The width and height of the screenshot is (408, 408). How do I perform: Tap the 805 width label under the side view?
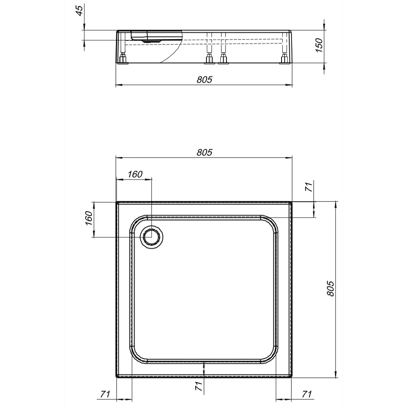pos(204,80)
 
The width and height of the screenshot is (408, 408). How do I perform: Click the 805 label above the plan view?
pos(204,152)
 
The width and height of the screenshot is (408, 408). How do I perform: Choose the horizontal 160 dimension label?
pos(135,174)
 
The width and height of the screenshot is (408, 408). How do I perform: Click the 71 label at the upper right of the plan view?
pos(309,187)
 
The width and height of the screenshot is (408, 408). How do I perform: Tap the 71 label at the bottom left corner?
pos(105,394)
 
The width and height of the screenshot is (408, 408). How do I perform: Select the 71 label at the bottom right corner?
pos(306,394)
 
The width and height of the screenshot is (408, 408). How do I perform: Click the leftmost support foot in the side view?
pos(123,60)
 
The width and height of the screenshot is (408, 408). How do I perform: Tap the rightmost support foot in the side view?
pos(284,60)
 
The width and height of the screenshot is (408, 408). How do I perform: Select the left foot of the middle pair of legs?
pos(209,60)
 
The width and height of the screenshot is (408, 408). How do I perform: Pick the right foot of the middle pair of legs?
pos(223,60)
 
